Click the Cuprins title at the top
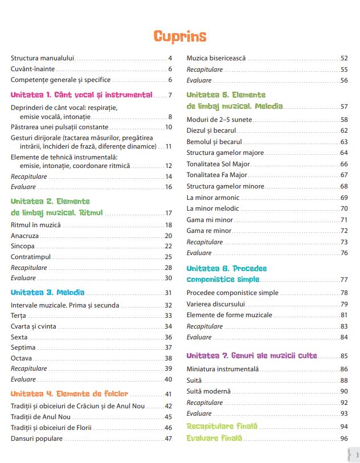pos(180,36)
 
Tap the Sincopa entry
pos(23,246)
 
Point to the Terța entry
pos(19,316)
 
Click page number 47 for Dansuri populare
pos(168,439)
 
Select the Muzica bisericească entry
pos(216,58)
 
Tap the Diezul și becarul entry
pos(211,130)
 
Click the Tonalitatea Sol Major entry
pos(220,164)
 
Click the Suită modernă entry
pos(208,391)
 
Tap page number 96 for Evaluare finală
pos(343,439)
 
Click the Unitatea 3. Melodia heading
pos(48,293)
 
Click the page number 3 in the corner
pos(357,455)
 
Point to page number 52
pos(344,58)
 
